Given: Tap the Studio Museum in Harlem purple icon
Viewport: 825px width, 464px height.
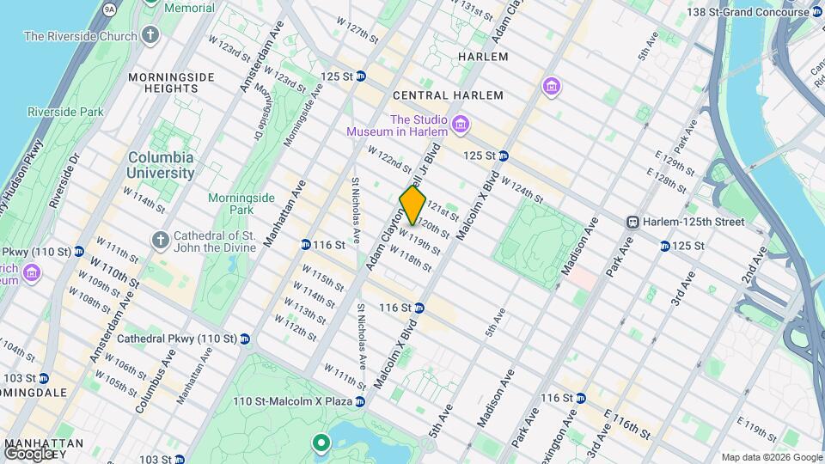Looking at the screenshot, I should [x=461, y=125].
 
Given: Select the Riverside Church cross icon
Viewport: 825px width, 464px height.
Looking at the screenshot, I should [x=150, y=36].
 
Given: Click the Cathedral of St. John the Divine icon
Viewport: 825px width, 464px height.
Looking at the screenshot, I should [x=159, y=238].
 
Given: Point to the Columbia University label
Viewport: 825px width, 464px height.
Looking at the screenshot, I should [x=161, y=165].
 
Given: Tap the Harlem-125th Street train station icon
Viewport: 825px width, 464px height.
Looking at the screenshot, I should [x=632, y=222].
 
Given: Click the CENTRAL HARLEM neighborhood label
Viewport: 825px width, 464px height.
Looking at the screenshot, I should [x=447, y=95].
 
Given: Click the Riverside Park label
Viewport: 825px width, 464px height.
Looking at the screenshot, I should [x=65, y=112].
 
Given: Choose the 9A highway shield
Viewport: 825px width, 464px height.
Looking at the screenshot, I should [x=108, y=9].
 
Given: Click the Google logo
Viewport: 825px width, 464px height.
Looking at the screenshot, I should [x=28, y=453].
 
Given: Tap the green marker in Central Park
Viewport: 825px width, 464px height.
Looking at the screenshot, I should [x=321, y=443].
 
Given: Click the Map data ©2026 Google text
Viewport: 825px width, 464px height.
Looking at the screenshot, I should [x=771, y=457].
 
